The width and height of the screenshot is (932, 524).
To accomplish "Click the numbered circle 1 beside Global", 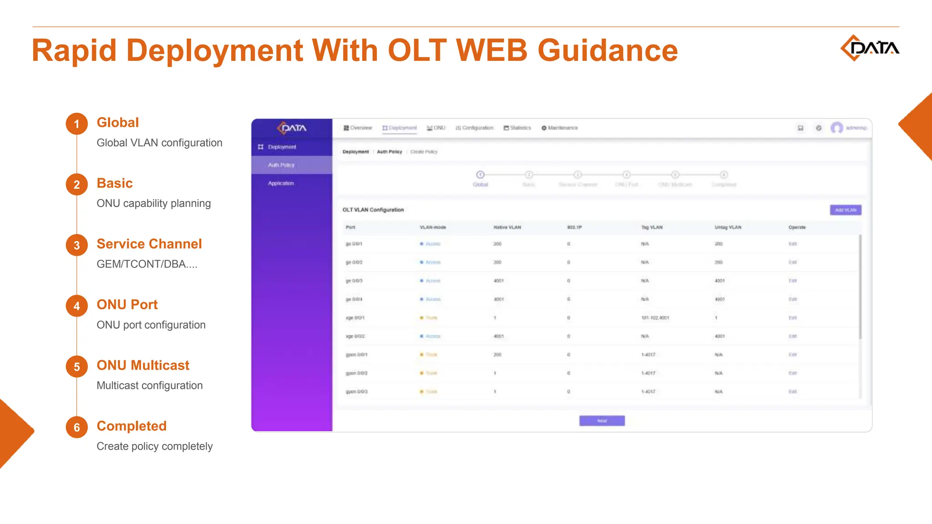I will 76,124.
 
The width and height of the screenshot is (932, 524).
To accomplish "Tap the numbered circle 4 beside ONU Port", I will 76,306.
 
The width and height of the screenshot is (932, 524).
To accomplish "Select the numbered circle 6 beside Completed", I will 76,428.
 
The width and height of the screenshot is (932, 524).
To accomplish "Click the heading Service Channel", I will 149,244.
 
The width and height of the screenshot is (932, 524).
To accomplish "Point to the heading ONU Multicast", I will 143,365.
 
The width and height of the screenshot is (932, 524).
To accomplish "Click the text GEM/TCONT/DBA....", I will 147,264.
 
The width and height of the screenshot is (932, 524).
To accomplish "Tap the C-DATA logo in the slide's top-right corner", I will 869,48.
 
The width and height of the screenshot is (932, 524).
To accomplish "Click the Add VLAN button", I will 845,210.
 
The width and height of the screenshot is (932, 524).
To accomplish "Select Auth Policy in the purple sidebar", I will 281,165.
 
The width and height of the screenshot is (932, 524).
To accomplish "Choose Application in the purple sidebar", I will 281,183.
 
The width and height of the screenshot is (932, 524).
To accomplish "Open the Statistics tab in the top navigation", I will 517,128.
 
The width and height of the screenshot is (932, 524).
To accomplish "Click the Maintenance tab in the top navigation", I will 560,128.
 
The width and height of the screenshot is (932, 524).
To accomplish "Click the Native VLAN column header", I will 507,227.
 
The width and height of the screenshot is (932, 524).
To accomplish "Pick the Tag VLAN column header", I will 652,227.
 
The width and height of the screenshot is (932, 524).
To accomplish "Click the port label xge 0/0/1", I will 355,318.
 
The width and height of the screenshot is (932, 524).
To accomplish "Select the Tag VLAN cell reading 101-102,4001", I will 655,318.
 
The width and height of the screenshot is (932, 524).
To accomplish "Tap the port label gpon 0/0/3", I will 356,392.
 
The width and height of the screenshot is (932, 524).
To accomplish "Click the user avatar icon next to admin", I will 836,128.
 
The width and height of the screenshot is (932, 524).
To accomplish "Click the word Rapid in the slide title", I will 74,50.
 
